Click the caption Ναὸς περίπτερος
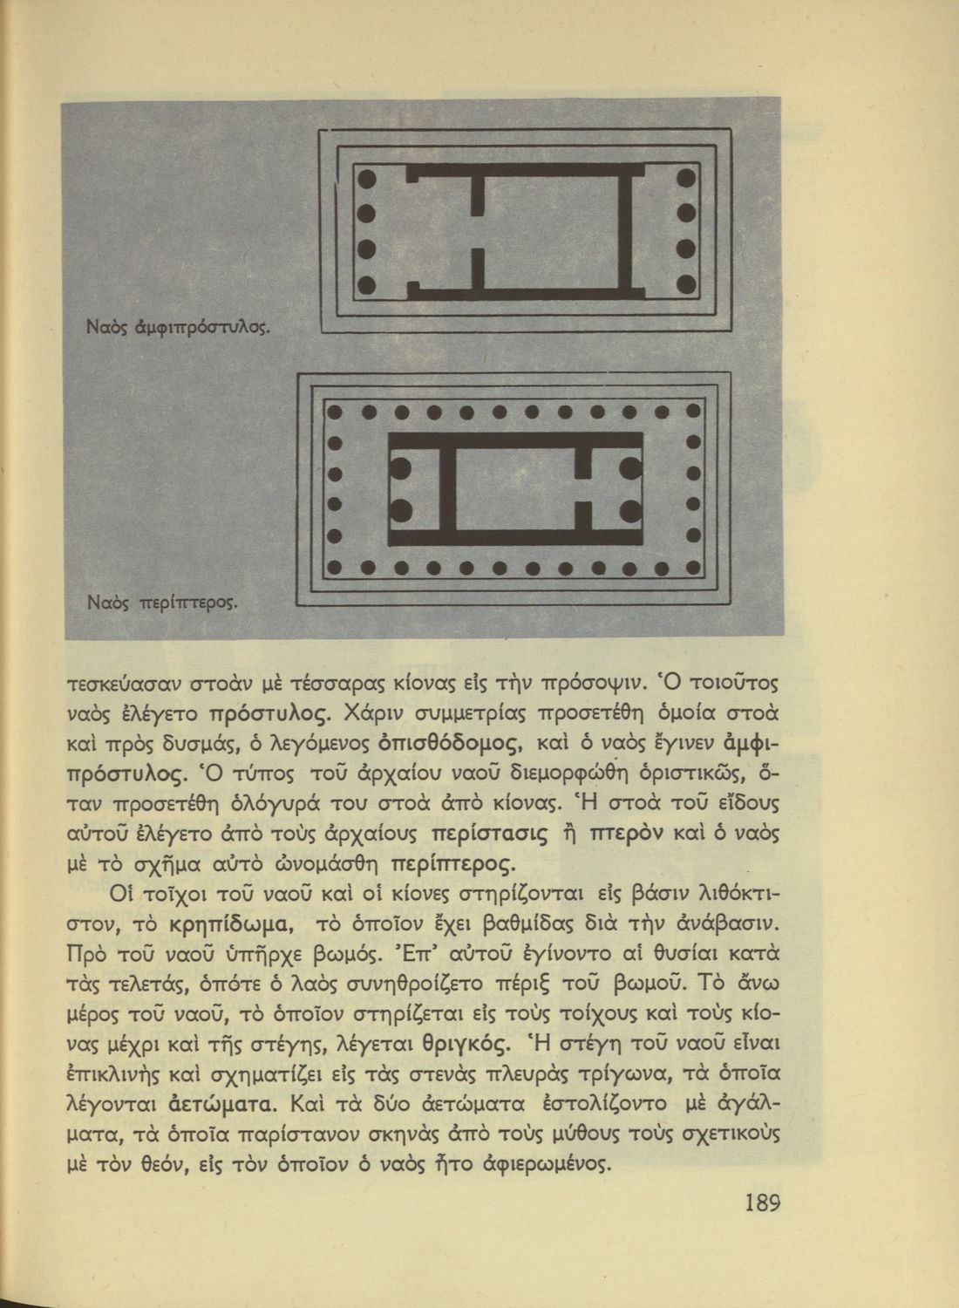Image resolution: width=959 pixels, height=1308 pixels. pyautogui.click(x=163, y=602)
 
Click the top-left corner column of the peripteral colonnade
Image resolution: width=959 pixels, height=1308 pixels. pyautogui.click(x=332, y=410)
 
